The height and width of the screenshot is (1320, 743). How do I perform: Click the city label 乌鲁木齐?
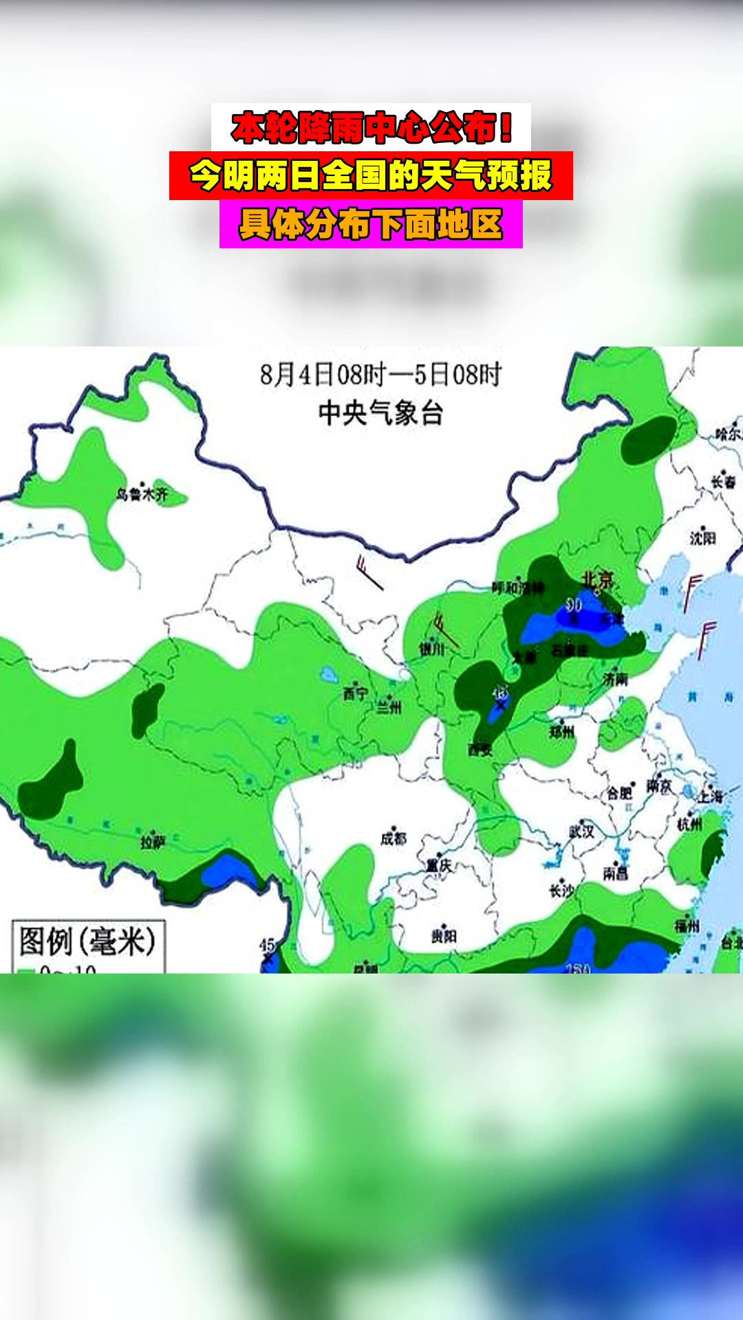pyautogui.click(x=142, y=494)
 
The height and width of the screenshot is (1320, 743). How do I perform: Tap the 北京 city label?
pyautogui.click(x=596, y=579)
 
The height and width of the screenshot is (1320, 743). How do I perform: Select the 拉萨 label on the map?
pyautogui.click(x=152, y=842)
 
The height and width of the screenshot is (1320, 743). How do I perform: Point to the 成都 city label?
pyautogui.click(x=394, y=838)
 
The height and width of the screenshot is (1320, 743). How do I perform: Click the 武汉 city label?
pyautogui.click(x=581, y=831)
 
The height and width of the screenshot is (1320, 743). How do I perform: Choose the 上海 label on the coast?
pyautogui.click(x=711, y=796)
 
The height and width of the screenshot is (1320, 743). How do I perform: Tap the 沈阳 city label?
pyautogui.click(x=703, y=538)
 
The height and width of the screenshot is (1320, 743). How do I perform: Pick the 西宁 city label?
pyautogui.click(x=356, y=694)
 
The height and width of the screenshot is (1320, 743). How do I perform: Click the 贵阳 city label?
pyautogui.click(x=444, y=936)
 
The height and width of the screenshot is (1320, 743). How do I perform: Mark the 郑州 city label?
pyautogui.click(x=562, y=731)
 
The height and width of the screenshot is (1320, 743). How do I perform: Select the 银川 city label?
pyautogui.click(x=432, y=648)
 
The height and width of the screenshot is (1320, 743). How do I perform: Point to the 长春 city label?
pyautogui.click(x=723, y=482)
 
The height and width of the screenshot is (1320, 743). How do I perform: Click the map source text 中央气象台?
pyautogui.click(x=380, y=413)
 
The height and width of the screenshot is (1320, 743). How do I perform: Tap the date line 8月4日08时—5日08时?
pyautogui.click(x=380, y=375)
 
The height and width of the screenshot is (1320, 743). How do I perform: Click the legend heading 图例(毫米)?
pyautogui.click(x=87, y=940)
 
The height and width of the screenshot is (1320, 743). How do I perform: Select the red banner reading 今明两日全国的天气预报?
pyautogui.click(x=371, y=176)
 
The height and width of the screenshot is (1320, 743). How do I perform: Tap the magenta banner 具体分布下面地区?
pyautogui.click(x=371, y=224)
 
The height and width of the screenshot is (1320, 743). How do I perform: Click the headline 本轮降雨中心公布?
pyautogui.click(x=371, y=127)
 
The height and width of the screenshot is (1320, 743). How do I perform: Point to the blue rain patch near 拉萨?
pyautogui.click(x=227, y=870)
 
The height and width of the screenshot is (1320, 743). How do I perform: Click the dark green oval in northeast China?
pyautogui.click(x=648, y=439)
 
